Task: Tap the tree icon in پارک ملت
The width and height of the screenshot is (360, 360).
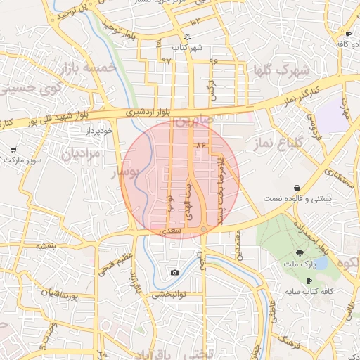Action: pos(300,253)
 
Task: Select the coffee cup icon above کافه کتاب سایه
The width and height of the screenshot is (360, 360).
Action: pos(309,281)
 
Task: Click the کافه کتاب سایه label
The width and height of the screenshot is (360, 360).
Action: pos(308,291)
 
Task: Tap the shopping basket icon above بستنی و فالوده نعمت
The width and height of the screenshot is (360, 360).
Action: pos(300,188)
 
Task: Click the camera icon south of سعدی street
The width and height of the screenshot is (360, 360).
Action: pos(174,272)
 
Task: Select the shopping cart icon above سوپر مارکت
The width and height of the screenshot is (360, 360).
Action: pos(14,150)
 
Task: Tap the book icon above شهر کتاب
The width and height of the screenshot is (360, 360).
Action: pos(186,37)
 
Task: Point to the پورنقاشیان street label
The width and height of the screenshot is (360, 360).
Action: pos(68,295)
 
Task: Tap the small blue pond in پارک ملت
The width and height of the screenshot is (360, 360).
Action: pos(320,263)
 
